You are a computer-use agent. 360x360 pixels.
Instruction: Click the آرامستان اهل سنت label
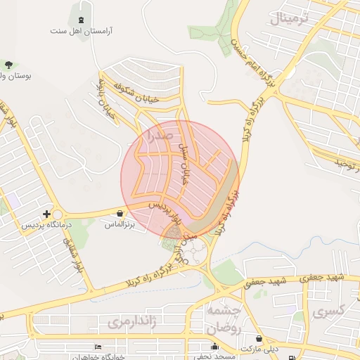(x=82, y=31)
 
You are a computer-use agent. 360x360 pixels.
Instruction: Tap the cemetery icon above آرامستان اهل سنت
(x=82, y=20)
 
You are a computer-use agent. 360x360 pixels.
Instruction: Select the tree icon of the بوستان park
(x=8, y=65)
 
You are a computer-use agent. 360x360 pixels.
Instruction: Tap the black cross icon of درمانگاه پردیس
(x=46, y=214)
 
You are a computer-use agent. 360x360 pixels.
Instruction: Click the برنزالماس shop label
(x=120, y=225)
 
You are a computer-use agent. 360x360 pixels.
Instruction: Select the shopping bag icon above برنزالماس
(x=120, y=214)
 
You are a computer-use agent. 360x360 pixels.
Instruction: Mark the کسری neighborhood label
(x=328, y=310)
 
